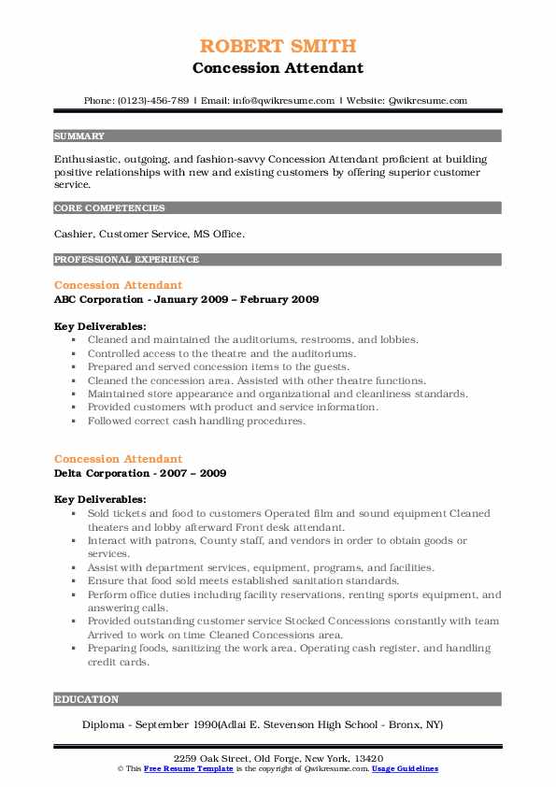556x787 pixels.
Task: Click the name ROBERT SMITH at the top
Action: click(278, 47)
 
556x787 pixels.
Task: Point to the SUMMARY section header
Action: click(79, 136)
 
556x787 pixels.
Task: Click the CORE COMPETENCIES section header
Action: click(109, 208)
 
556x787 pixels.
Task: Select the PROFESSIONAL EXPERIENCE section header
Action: click(126, 260)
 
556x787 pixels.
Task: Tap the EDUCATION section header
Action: click(87, 699)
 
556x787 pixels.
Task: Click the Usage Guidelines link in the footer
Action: click(405, 768)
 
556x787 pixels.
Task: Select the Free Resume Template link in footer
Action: click(180, 768)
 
